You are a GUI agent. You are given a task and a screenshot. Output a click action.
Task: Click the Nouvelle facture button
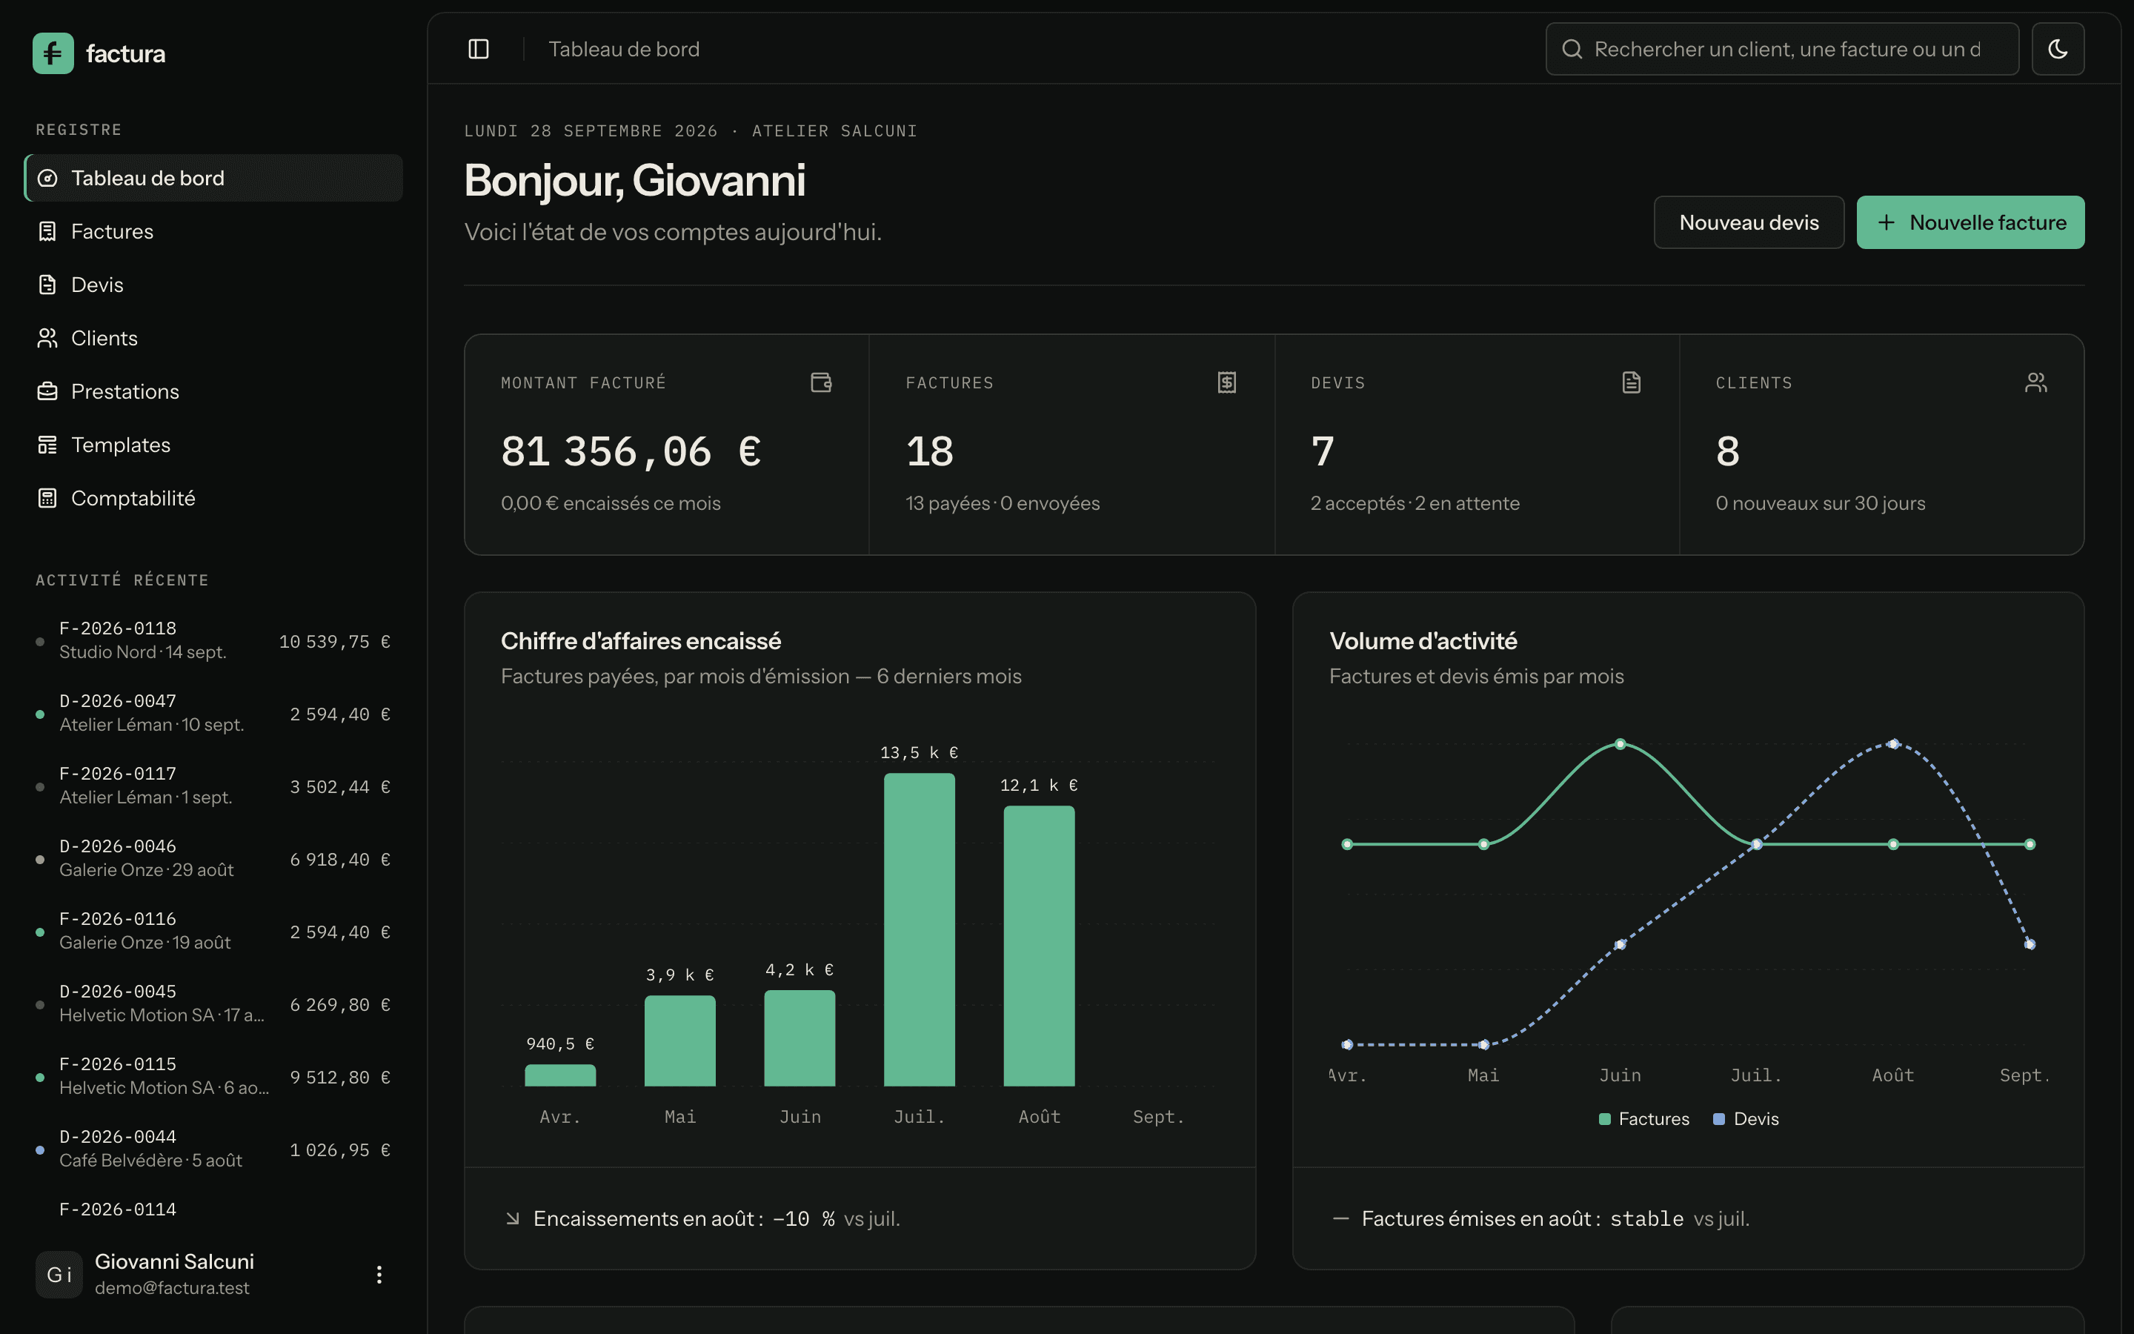tap(1970, 222)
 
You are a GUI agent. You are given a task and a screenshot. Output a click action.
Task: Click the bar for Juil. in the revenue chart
tap(919, 929)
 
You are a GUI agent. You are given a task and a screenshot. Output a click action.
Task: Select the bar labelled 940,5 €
tap(560, 1075)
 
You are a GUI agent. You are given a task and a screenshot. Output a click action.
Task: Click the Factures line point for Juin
tap(1620, 744)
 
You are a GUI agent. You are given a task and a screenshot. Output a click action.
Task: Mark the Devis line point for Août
tap(1893, 744)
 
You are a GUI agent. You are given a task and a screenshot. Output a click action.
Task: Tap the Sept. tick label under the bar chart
tap(1158, 1117)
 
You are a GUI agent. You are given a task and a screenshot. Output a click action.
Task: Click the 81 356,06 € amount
tap(631, 452)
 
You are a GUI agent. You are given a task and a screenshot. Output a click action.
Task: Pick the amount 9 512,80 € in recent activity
tap(339, 1078)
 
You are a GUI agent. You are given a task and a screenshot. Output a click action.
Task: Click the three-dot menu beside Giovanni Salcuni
tap(379, 1274)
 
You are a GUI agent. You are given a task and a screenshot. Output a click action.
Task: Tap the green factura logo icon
tap(53, 53)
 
